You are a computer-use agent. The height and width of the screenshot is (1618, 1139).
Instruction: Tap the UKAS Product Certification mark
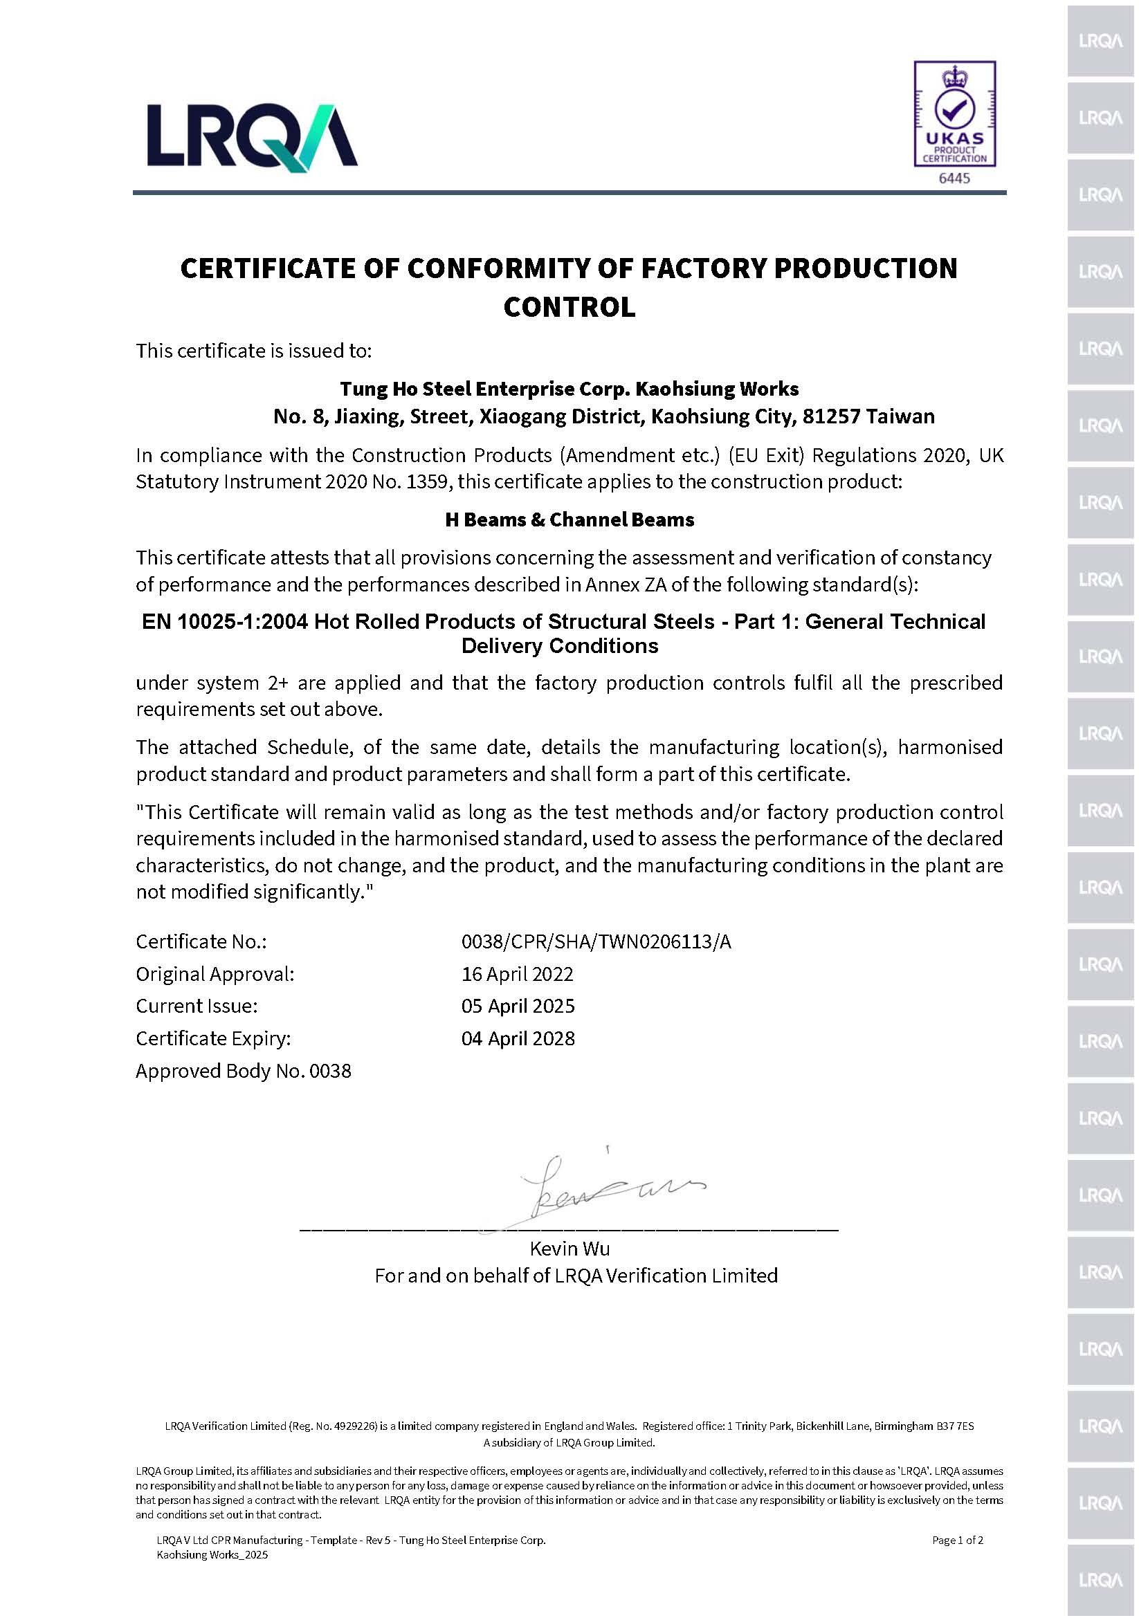(954, 113)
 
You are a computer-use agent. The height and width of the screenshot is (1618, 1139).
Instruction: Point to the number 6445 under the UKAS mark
(954, 178)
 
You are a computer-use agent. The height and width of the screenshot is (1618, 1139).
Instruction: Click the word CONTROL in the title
(569, 306)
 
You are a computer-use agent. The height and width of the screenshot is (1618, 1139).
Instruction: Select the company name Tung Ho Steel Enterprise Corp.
(486, 389)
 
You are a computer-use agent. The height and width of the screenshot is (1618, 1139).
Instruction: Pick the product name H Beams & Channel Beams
(569, 520)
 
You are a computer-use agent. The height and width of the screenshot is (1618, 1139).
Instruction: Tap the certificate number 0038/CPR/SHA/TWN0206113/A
(596, 941)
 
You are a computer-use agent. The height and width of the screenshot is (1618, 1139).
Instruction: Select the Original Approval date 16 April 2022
(517, 974)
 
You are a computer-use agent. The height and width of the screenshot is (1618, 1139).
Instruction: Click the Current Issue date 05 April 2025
(518, 1006)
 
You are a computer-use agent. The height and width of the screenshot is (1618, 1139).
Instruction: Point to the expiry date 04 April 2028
(518, 1038)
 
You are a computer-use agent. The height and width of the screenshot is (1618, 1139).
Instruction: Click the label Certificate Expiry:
(213, 1038)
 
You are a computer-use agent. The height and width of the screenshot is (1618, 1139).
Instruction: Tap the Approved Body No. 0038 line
(243, 1070)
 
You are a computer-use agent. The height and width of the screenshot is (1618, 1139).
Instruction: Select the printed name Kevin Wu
(569, 1249)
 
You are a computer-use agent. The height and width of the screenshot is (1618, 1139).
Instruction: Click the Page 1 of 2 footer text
(956, 1540)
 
